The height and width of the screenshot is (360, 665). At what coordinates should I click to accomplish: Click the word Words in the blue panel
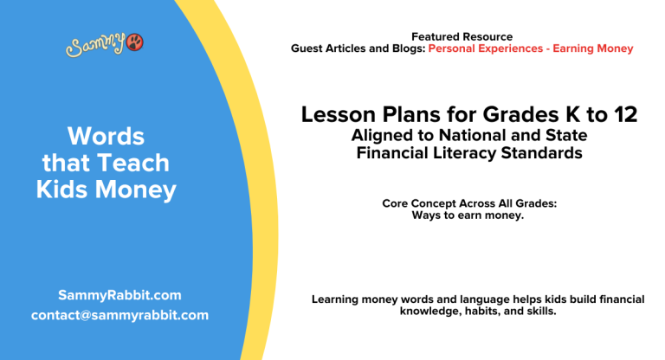(106, 136)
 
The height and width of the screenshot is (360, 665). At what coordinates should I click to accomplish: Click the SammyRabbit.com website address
(119, 295)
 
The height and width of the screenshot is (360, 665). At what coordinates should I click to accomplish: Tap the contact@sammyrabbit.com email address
(119, 315)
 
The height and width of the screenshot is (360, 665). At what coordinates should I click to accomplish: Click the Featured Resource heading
(462, 36)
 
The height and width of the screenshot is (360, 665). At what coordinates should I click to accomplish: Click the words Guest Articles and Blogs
(358, 48)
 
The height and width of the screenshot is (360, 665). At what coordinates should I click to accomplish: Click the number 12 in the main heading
(621, 114)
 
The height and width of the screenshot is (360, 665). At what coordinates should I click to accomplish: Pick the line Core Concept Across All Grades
(469, 203)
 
